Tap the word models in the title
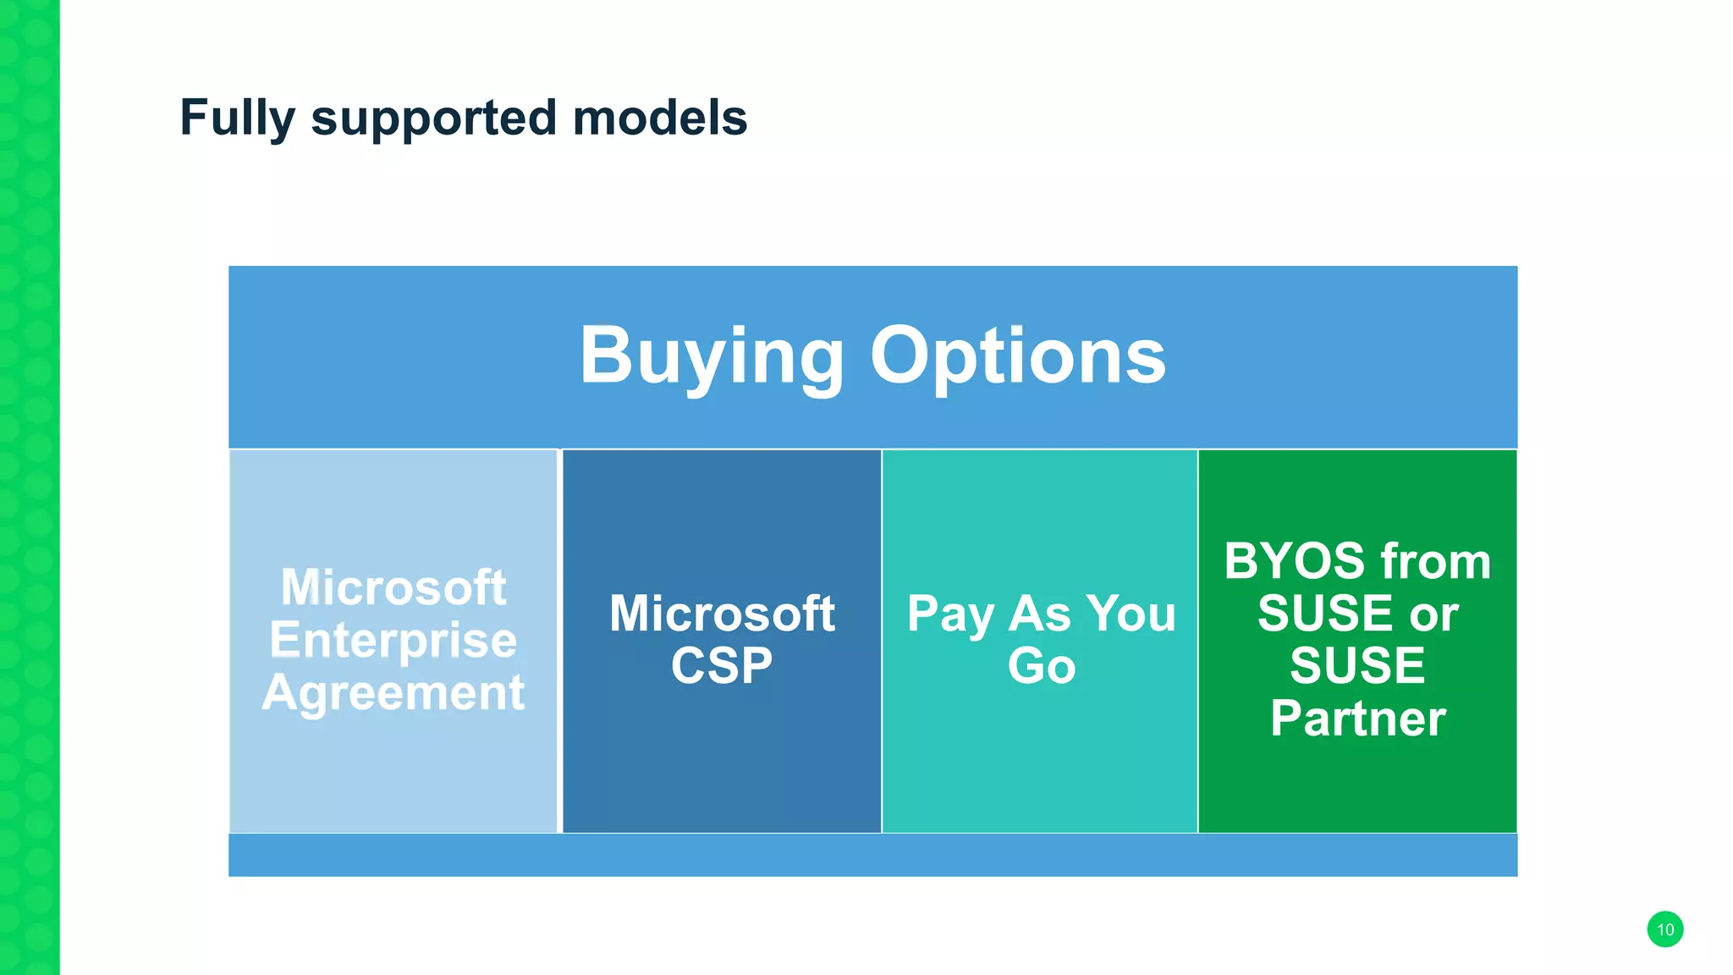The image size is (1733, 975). coord(660,118)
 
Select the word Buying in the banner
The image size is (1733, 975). coord(711,356)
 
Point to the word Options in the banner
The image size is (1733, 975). coord(1018,356)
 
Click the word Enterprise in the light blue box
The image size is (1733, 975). coord(393,640)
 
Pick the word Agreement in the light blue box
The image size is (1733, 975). coord(393,692)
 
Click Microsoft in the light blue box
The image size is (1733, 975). coord(393,587)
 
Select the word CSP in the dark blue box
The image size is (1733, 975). coord(722,665)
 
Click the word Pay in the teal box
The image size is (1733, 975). coord(949,614)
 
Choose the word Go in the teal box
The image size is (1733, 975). coord(1041,665)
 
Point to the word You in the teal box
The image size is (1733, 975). coord(1131,614)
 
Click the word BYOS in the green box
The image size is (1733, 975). coord(1296,561)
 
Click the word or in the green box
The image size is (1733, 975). coord(1433,614)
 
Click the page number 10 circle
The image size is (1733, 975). coord(1664,929)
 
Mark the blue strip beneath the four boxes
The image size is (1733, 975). coord(872,855)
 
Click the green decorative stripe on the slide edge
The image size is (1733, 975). coord(30,487)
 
